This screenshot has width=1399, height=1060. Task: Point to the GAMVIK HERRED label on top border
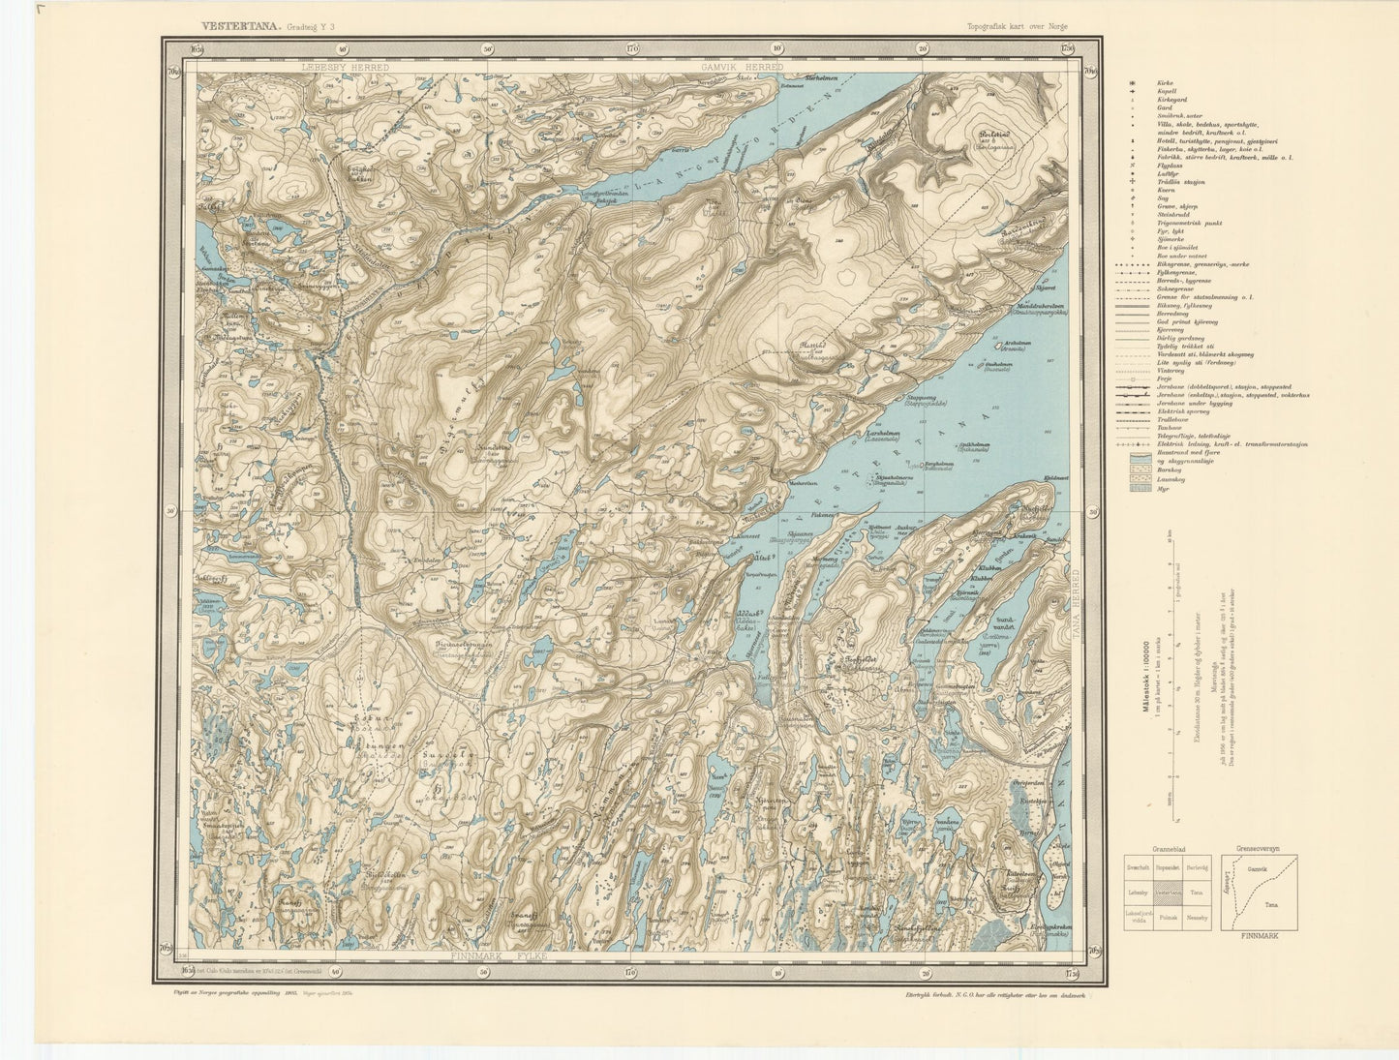[737, 68]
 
